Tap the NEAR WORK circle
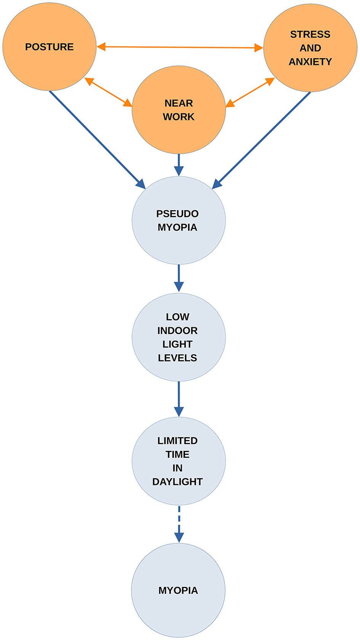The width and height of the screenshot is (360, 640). tap(178, 129)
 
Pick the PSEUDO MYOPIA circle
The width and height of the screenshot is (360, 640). tap(178, 244)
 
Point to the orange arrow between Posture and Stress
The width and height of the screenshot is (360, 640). tap(179, 47)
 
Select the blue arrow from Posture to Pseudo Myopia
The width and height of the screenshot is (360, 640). tap(97, 139)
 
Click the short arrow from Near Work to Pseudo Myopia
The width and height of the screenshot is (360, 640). tap(179, 164)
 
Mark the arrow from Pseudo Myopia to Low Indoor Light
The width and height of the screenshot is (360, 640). tap(179, 278)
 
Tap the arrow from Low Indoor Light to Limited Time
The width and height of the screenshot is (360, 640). tap(179, 399)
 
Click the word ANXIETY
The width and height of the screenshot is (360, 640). tap(310, 62)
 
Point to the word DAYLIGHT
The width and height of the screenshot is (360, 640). tap(177, 482)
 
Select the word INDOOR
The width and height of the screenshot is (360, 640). tap(177, 330)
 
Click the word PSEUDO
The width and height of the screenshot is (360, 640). tap(177, 214)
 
